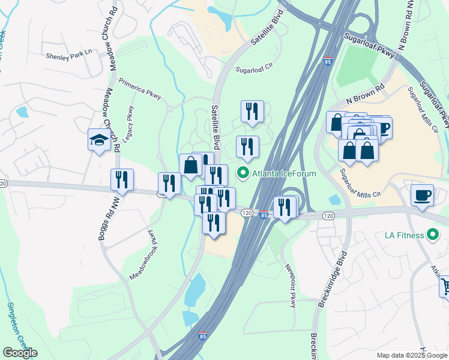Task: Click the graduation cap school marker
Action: click(x=98, y=141)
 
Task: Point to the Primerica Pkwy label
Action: click(x=140, y=90)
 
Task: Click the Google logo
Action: click(x=20, y=353)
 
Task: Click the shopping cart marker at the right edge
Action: click(x=445, y=286)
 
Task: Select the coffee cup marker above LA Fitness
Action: click(x=423, y=196)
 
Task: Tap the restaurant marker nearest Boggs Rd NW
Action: click(x=122, y=181)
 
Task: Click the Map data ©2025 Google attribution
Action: click(x=411, y=355)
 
